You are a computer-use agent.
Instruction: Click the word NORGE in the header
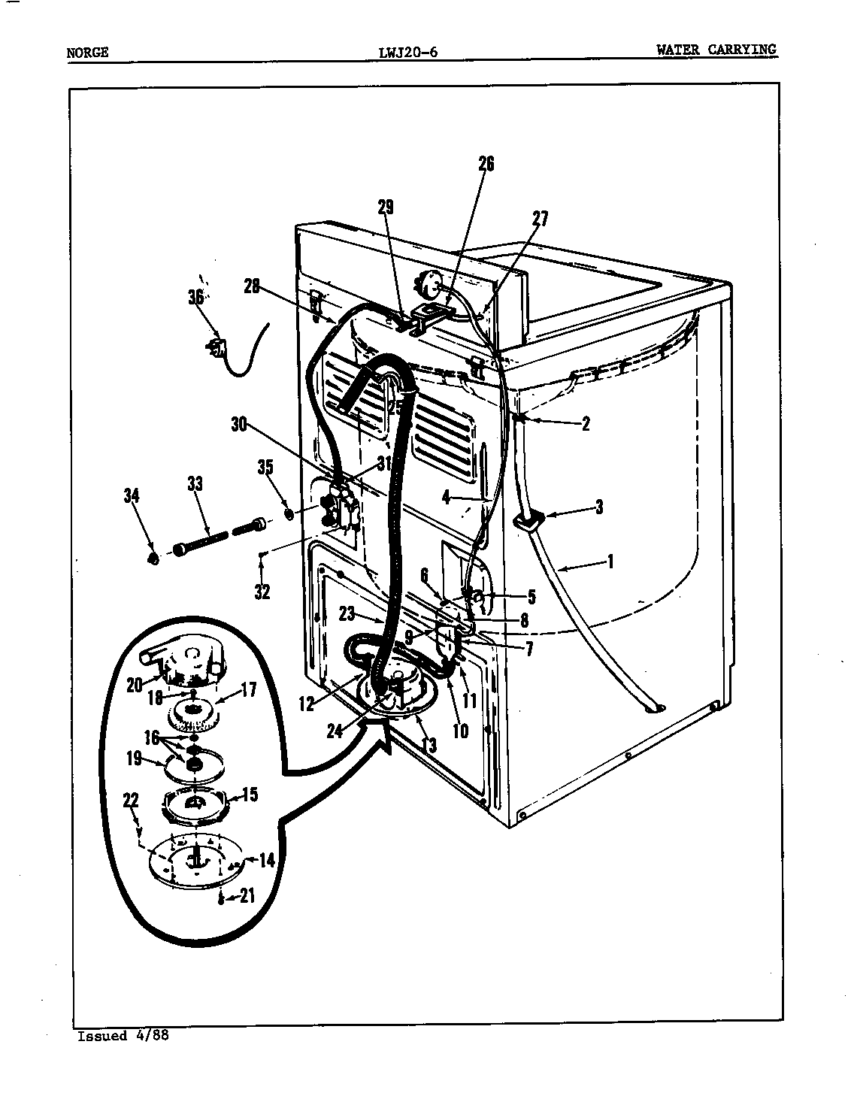pyautogui.click(x=87, y=52)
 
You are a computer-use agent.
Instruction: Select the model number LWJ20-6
pyautogui.click(x=407, y=52)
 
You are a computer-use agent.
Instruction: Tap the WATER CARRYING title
pyautogui.click(x=716, y=50)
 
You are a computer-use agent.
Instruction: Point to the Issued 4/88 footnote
pyautogui.click(x=123, y=1035)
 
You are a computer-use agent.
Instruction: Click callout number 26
pyautogui.click(x=486, y=164)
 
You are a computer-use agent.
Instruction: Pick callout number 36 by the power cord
pyautogui.click(x=196, y=297)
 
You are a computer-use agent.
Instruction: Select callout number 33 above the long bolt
pyautogui.click(x=195, y=483)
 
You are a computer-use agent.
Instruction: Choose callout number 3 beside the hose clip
pyautogui.click(x=599, y=507)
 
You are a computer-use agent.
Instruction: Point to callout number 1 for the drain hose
pyautogui.click(x=610, y=561)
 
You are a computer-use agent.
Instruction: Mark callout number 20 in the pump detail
pyautogui.click(x=135, y=685)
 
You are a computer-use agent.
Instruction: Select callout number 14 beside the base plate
pyautogui.click(x=267, y=860)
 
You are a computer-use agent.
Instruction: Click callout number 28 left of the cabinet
pyautogui.click(x=252, y=286)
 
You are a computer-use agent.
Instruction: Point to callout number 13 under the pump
pyautogui.click(x=430, y=745)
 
